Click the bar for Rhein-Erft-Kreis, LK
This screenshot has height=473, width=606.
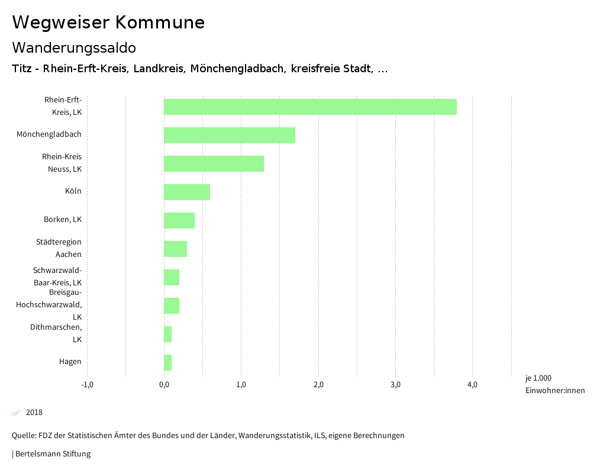[x=310, y=107]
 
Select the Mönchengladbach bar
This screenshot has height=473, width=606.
[x=230, y=135]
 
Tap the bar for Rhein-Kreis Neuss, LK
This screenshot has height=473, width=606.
[x=214, y=163]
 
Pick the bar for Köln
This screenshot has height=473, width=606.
[x=187, y=192]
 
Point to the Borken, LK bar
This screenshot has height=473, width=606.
[x=179, y=220]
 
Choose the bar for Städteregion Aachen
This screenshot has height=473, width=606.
[x=175, y=249]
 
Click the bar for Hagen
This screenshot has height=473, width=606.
[x=168, y=362]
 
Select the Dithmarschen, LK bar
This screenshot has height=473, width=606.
[x=168, y=334]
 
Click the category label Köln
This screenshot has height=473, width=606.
[x=73, y=191]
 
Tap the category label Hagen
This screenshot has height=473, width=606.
[x=70, y=362]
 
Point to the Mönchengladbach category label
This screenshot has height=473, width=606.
[x=49, y=134]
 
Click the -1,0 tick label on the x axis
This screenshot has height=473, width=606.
[x=87, y=385]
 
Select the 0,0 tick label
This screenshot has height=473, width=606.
[x=164, y=385]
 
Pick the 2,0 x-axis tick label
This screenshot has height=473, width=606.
[x=318, y=385]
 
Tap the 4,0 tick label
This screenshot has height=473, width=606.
[x=472, y=385]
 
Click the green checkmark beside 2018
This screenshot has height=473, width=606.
[x=16, y=413]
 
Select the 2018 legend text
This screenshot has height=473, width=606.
[x=34, y=413]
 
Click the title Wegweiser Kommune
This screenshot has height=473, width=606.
[x=108, y=22]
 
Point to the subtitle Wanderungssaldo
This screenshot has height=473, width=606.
[x=74, y=47]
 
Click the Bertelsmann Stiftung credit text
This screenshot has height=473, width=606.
[x=51, y=454]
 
